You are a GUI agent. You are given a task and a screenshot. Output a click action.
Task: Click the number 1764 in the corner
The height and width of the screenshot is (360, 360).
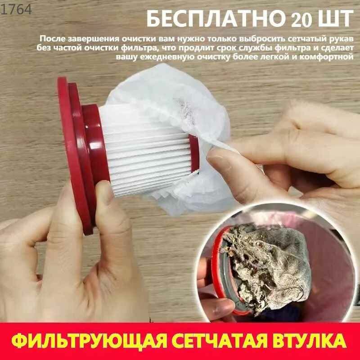point(17,9)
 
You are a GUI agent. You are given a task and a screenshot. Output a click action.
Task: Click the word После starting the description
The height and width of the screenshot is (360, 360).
point(50,39)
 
